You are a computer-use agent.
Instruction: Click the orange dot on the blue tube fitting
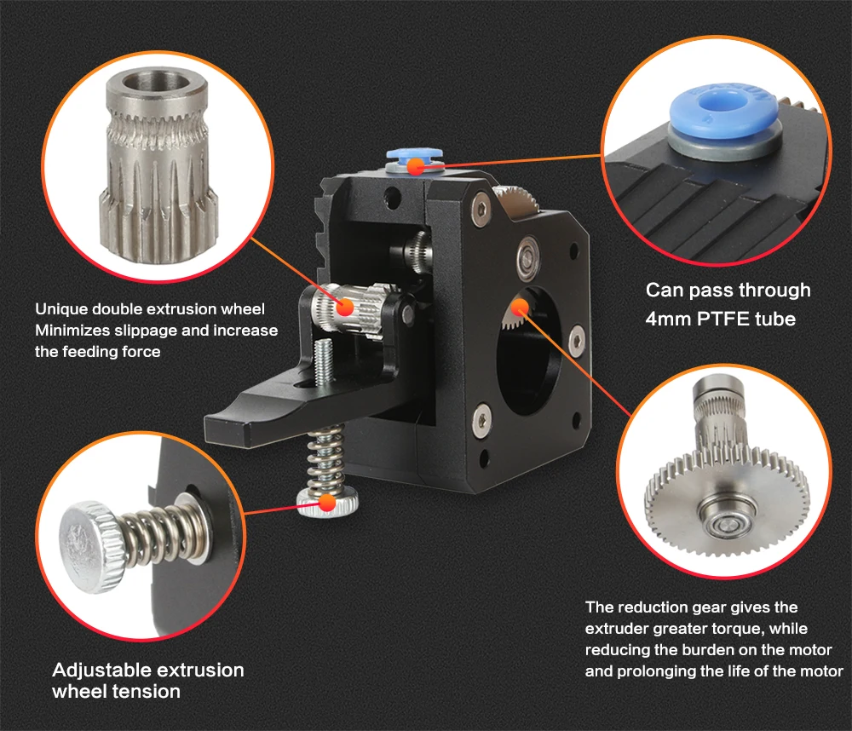coord(416,166)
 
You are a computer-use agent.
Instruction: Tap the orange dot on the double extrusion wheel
coord(345,308)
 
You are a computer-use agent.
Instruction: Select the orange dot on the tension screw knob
coord(327,504)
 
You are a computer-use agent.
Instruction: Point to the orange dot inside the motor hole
coord(520,308)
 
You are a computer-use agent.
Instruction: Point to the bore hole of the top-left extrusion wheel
coord(157,82)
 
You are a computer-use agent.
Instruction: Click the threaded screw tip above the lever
coord(324,359)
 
